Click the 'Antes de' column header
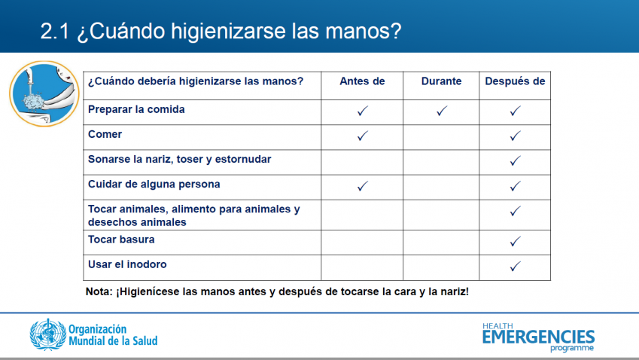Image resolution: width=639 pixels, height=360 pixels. click(x=362, y=81)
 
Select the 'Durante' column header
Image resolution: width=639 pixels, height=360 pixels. click(x=441, y=81)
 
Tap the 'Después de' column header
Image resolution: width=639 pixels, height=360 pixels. click(x=515, y=81)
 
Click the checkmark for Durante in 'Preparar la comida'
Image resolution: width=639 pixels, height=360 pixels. click(x=442, y=111)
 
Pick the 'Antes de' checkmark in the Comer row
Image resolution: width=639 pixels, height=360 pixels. click(x=363, y=136)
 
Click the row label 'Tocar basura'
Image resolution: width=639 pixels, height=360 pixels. click(x=121, y=239)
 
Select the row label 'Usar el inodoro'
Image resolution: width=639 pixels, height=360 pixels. click(x=127, y=264)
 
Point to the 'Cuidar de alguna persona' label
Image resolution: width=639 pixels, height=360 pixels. click(x=154, y=185)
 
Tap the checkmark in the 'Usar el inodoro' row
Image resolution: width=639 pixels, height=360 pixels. click(x=515, y=266)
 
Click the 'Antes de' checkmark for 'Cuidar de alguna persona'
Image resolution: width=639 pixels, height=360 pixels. click(x=363, y=186)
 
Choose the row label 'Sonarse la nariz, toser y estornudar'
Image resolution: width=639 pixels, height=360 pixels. click(x=179, y=159)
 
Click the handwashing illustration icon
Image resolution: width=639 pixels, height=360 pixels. click(x=44, y=94)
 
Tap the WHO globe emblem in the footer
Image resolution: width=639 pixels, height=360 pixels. click(x=48, y=334)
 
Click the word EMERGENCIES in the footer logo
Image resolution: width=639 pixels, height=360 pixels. click(x=538, y=337)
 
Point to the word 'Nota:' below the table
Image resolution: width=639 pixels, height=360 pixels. click(x=99, y=291)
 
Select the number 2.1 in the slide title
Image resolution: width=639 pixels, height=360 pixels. click(x=55, y=31)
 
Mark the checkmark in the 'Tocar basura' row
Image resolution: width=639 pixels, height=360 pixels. click(x=515, y=241)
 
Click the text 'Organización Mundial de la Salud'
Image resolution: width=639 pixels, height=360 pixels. click(x=113, y=335)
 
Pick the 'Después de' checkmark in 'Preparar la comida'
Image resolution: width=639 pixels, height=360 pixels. click(x=515, y=111)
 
